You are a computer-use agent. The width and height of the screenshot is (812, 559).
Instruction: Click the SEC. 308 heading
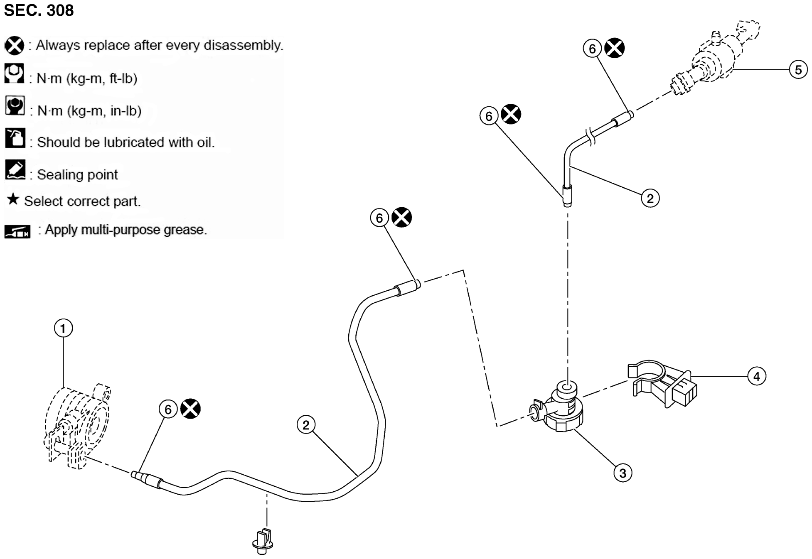click(x=39, y=10)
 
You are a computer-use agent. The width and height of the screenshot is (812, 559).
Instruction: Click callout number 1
click(x=63, y=329)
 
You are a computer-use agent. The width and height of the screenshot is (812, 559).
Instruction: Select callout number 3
click(x=623, y=473)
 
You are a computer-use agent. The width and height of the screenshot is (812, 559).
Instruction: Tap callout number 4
click(x=756, y=376)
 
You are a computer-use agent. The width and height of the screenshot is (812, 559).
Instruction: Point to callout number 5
click(x=798, y=70)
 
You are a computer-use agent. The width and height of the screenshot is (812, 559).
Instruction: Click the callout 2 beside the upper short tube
click(x=650, y=198)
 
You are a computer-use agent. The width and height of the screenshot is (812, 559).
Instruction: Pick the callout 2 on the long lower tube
click(x=306, y=425)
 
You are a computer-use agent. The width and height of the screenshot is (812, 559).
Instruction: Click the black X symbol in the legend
click(x=15, y=45)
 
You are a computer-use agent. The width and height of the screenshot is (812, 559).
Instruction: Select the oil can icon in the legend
click(x=15, y=138)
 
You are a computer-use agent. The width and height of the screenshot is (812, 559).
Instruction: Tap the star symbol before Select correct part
click(x=13, y=199)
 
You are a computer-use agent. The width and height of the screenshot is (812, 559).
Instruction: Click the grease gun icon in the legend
click(x=17, y=231)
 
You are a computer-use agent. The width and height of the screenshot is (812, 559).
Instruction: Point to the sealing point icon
click(x=15, y=170)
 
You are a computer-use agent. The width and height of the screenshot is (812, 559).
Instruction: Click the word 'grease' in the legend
click(x=185, y=230)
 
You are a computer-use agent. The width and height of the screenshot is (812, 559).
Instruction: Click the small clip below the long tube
click(x=263, y=541)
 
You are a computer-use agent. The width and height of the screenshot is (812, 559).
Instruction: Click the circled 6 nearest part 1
click(x=168, y=409)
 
